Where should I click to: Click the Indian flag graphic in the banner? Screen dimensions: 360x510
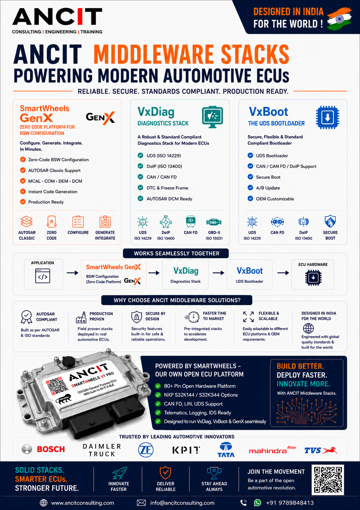(339, 19)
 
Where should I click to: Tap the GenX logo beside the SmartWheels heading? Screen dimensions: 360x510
(100, 118)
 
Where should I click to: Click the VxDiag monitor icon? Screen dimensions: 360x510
(212, 117)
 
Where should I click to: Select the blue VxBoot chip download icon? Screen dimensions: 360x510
(328, 117)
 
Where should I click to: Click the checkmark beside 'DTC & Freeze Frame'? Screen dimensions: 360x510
(140, 188)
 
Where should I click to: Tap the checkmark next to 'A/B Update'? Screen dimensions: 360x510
(250, 188)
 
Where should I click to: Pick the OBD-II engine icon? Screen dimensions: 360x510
(214, 222)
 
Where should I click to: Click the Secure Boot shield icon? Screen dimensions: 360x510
(330, 221)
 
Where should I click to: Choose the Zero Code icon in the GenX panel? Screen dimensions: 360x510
(52, 222)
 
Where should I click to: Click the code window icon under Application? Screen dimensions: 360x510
(43, 276)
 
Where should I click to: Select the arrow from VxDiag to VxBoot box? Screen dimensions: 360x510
(219, 273)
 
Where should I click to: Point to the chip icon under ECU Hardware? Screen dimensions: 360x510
(313, 278)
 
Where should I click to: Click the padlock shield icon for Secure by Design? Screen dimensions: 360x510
(137, 317)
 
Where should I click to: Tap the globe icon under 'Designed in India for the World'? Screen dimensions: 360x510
(308, 328)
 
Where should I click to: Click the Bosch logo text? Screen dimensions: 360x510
(51, 449)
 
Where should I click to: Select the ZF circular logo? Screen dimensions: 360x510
(146, 449)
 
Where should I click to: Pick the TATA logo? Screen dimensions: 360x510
(226, 449)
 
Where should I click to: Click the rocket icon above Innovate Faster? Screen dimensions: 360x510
(120, 473)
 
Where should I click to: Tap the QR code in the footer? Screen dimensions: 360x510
(328, 480)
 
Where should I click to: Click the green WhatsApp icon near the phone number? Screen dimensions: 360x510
(258, 502)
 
